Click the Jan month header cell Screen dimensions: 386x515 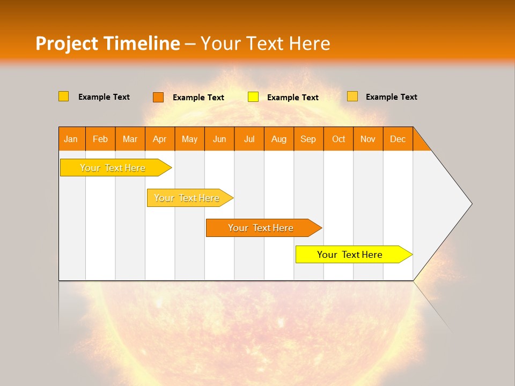coord(71,139)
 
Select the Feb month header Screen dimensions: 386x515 coord(100,139)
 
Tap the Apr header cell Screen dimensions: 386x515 coord(160,139)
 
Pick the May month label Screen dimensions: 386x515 coord(189,139)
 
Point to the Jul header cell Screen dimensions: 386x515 coord(249,139)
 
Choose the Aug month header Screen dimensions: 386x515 coord(279,139)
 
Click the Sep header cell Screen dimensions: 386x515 coord(308,139)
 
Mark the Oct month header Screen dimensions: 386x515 coord(339,139)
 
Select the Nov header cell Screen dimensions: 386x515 coord(368,139)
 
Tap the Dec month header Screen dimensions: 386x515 coord(398,139)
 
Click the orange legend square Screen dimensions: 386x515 coord(158,97)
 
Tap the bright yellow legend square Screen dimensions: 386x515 coord(253,97)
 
